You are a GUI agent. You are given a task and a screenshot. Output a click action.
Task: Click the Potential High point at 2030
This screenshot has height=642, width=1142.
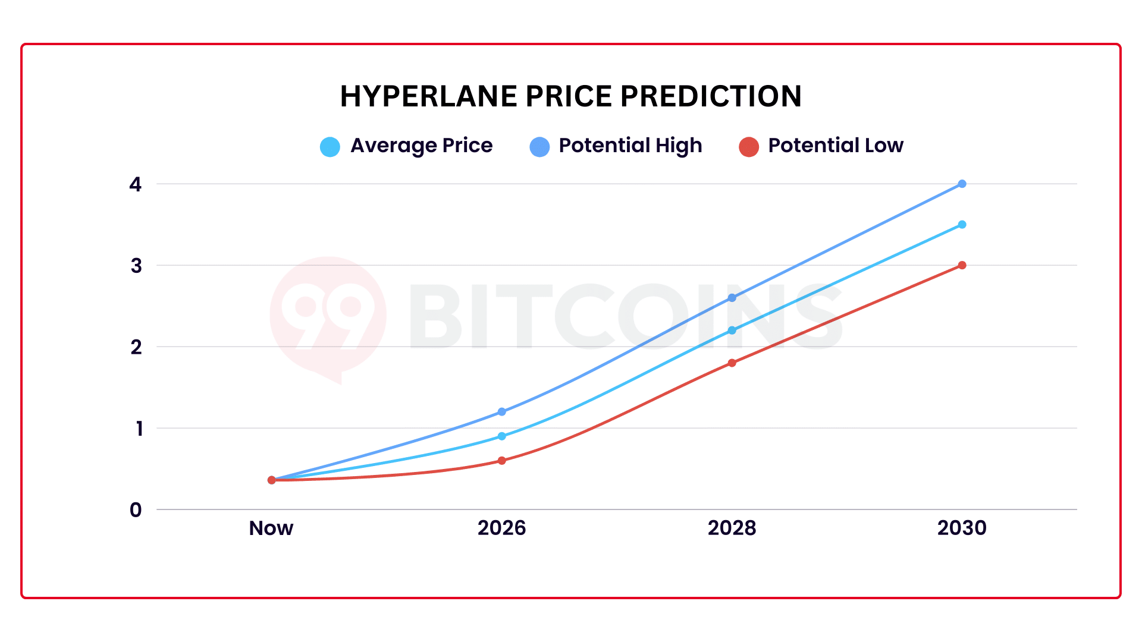(x=962, y=184)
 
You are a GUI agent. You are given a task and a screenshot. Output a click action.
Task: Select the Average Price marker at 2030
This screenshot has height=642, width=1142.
(x=962, y=225)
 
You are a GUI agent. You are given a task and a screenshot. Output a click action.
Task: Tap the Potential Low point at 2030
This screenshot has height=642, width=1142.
(x=962, y=265)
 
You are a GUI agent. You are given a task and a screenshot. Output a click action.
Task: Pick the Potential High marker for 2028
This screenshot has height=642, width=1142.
(x=732, y=298)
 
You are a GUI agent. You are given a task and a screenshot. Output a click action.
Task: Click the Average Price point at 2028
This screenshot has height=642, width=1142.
(x=732, y=330)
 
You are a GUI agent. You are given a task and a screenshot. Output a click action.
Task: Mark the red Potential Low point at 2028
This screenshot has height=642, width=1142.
(x=732, y=363)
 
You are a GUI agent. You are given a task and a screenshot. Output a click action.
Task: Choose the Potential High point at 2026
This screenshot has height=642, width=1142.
(x=501, y=411)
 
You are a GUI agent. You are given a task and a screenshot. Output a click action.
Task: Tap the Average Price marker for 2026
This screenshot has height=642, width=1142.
(x=501, y=436)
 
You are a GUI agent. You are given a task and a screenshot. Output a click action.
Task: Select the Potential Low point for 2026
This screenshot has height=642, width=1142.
(x=501, y=460)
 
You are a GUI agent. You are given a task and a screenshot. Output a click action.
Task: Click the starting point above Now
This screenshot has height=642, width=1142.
(x=272, y=480)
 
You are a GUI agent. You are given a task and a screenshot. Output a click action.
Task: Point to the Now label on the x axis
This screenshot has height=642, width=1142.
(x=271, y=528)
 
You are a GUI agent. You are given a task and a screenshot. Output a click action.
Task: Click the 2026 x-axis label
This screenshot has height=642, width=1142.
(x=501, y=528)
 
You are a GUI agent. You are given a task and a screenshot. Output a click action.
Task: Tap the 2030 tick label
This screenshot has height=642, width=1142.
(x=962, y=528)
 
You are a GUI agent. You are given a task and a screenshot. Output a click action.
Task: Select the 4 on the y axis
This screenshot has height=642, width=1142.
(x=136, y=184)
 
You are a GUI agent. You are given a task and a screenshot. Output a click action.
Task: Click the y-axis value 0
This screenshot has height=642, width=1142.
(x=136, y=509)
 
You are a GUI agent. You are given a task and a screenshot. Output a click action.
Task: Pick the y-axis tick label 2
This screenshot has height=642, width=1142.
(x=136, y=347)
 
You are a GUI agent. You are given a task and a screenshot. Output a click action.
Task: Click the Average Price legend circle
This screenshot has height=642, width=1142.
(x=330, y=146)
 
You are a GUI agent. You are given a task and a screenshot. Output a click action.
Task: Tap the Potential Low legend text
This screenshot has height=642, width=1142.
(x=835, y=146)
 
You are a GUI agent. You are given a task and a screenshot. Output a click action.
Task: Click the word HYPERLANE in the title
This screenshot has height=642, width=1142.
(x=429, y=96)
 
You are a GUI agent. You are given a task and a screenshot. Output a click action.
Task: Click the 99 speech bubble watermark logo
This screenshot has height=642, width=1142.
(x=328, y=315)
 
